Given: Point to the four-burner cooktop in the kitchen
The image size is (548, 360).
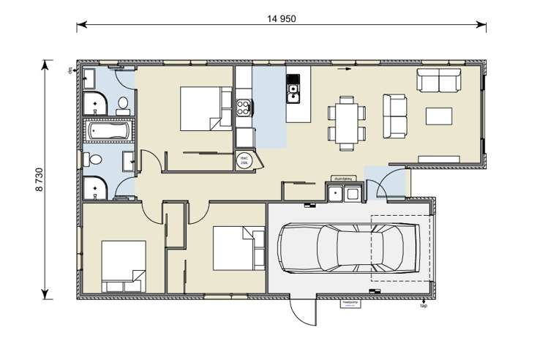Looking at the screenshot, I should tap(244, 108).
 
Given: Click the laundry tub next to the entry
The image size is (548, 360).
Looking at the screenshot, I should tap(343, 193).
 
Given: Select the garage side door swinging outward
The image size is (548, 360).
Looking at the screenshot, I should tap(303, 312).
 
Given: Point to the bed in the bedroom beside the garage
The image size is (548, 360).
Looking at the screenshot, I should tap(239, 249).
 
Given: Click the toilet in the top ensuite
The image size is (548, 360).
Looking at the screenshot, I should tap(124, 103).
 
